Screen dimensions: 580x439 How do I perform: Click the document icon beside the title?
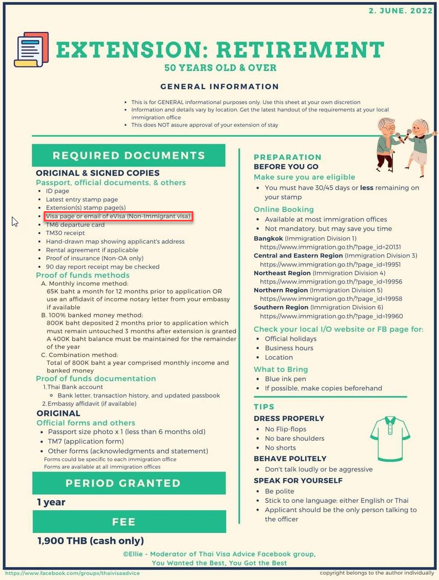31,50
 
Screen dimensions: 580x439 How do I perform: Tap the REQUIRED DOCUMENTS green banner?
129,156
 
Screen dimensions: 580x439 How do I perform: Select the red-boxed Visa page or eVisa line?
118,217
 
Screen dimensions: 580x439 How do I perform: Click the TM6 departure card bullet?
75,225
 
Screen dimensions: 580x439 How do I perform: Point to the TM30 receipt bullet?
65,233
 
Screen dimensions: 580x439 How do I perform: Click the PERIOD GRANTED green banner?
129,483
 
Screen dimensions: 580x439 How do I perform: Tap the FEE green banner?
129,522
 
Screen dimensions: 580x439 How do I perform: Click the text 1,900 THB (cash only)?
90,541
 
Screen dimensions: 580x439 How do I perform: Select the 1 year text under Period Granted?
51,502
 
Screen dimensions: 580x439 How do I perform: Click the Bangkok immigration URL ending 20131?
331,247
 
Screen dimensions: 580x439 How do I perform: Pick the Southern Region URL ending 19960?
331,316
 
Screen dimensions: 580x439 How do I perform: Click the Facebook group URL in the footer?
72,573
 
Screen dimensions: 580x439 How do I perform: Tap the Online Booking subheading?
283,210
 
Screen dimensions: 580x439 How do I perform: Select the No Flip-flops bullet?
286,429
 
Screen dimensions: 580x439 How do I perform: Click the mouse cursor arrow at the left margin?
15,221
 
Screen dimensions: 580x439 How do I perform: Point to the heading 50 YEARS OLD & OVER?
220,68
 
